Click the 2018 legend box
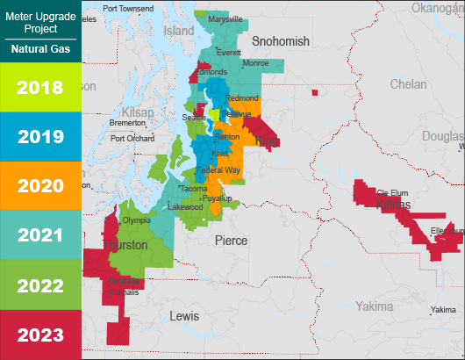[40, 87]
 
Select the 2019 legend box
[40, 137]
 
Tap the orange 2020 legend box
[40, 186]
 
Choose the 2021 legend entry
[40, 235]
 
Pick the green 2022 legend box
[40, 285]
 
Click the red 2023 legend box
[40, 335]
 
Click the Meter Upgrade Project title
[40, 22]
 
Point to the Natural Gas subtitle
[40, 49]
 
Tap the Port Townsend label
[127, 9]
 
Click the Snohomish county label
[281, 41]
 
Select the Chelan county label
[407, 84]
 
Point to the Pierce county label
[232, 240]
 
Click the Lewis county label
[184, 315]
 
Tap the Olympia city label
[137, 220]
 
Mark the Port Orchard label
[132, 138]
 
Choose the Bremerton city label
[128, 123]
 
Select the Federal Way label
[219, 169]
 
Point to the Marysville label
[225, 19]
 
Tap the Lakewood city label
[185, 207]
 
